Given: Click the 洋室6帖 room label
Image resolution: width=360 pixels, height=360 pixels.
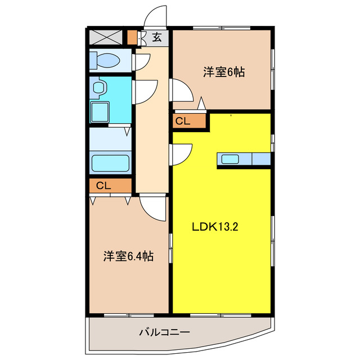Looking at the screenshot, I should (223, 72).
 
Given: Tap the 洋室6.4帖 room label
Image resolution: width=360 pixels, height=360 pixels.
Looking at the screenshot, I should (128, 256).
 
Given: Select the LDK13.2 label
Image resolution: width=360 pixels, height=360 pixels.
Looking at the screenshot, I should (216, 228).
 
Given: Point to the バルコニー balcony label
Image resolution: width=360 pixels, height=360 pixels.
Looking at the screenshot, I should (164, 332).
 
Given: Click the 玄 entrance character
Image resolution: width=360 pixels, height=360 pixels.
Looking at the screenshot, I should (158, 38).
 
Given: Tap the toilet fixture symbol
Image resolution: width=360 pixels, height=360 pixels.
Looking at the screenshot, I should (106, 60).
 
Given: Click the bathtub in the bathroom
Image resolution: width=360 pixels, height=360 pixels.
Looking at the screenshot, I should (110, 163).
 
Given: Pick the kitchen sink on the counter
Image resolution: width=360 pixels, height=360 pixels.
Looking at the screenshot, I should (230, 159).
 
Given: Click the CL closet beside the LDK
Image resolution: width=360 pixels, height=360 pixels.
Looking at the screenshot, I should (183, 120).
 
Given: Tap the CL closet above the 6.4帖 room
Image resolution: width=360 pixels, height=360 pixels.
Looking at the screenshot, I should (103, 186).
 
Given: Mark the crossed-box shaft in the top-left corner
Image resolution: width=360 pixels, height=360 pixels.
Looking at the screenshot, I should (106, 37).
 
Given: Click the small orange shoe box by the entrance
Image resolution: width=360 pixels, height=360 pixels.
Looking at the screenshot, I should (132, 38).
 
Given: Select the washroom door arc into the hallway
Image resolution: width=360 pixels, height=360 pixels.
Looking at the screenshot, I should (145, 90).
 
